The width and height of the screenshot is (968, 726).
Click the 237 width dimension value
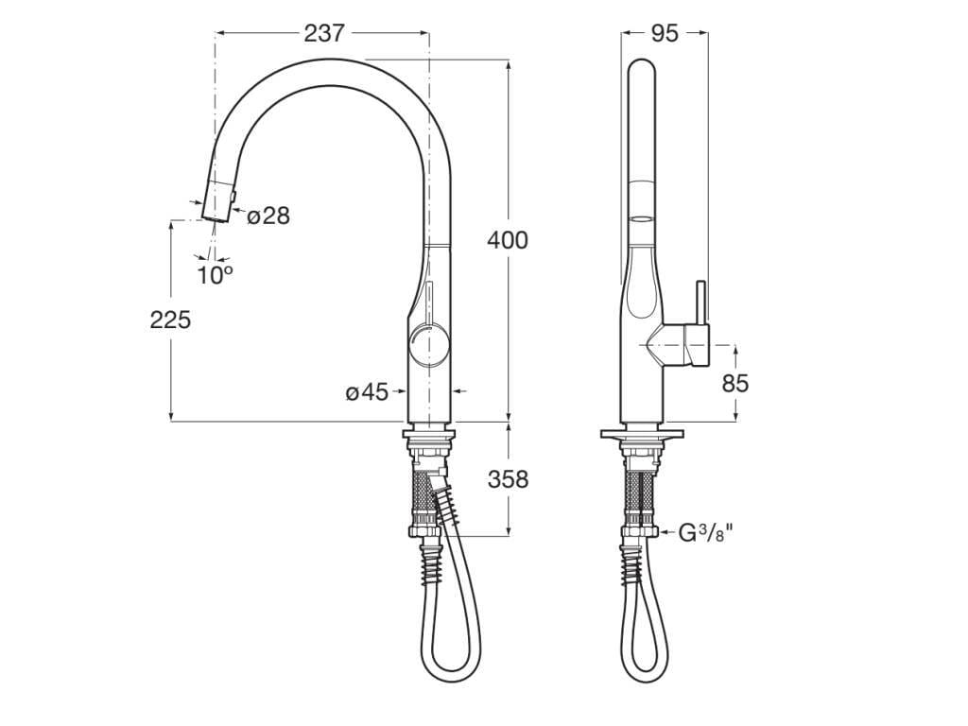pyautogui.click(x=323, y=33)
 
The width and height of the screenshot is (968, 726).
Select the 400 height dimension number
pyautogui.click(x=508, y=240)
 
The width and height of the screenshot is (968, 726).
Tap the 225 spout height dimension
pyautogui.click(x=170, y=320)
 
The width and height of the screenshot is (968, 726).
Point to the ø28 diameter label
pyautogui.click(x=268, y=216)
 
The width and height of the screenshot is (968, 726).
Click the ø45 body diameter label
pyautogui.click(x=367, y=391)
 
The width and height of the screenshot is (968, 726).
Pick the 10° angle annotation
pyautogui.click(x=215, y=275)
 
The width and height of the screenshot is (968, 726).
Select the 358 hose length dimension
pyautogui.click(x=508, y=479)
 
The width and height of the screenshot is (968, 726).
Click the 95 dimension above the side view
pyautogui.click(x=665, y=33)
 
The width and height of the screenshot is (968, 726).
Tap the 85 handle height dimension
pyautogui.click(x=735, y=383)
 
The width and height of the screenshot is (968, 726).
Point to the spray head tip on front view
pyautogui.click(x=216, y=216)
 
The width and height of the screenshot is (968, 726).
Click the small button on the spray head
pyautogui.click(x=233, y=195)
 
